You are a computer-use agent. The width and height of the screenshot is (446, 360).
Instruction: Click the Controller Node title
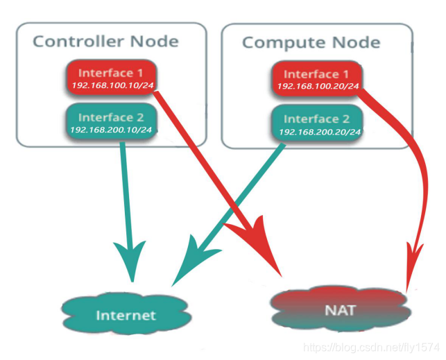(106, 42)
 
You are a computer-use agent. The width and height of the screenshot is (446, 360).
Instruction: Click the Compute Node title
(311, 43)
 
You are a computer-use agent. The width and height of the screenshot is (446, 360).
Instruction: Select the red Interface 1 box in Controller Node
(112, 78)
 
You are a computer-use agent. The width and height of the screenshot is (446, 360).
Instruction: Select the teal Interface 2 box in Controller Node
(112, 121)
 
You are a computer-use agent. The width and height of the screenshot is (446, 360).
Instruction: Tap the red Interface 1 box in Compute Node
(317, 78)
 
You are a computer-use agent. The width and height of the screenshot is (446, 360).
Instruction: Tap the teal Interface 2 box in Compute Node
(318, 123)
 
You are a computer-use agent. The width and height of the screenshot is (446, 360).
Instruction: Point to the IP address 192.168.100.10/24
(112, 85)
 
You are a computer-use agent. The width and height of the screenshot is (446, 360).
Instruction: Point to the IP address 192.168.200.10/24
(111, 130)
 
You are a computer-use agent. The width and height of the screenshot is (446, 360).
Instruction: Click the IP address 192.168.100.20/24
(318, 86)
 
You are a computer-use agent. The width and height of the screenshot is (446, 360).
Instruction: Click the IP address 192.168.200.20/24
(320, 132)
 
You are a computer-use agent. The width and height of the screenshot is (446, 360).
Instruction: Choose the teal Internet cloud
(126, 314)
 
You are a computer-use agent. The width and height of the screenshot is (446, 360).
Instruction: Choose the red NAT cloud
(341, 309)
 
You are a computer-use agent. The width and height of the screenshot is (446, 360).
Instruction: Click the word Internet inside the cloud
(126, 316)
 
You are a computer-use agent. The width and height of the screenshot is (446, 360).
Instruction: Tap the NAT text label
(341, 310)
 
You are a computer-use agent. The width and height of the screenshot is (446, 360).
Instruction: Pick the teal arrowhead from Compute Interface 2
(194, 260)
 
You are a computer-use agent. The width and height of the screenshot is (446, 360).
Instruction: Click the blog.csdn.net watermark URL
(372, 348)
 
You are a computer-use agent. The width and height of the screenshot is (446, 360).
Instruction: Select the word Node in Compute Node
(356, 42)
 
